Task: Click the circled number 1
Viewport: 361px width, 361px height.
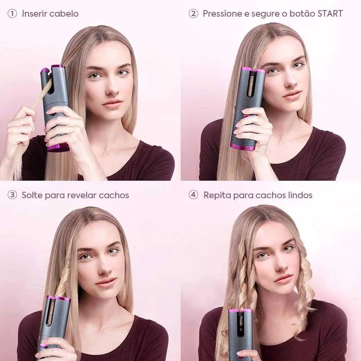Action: (12, 14)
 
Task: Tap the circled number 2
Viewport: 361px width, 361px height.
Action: (193, 14)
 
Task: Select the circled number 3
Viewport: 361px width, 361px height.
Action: (12, 195)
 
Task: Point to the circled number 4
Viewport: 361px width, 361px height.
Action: (193, 195)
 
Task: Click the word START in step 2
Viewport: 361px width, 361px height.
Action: (330, 14)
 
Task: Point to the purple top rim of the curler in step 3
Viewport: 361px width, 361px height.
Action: (58, 299)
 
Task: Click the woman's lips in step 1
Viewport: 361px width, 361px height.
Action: (112, 103)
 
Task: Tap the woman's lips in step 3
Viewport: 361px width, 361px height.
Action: (106, 281)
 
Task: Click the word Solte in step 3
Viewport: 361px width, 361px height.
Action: (32, 195)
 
